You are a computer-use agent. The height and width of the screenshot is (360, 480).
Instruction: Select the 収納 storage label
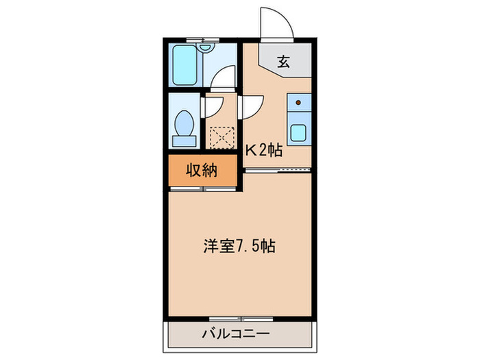(x=203, y=171)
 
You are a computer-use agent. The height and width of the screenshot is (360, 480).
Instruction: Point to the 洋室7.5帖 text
(x=239, y=246)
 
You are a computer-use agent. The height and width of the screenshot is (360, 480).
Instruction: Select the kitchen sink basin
(x=299, y=132)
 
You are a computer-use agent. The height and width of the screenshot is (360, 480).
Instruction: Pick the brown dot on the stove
(x=298, y=103)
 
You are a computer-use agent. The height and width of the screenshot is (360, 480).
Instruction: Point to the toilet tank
(x=183, y=141)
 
